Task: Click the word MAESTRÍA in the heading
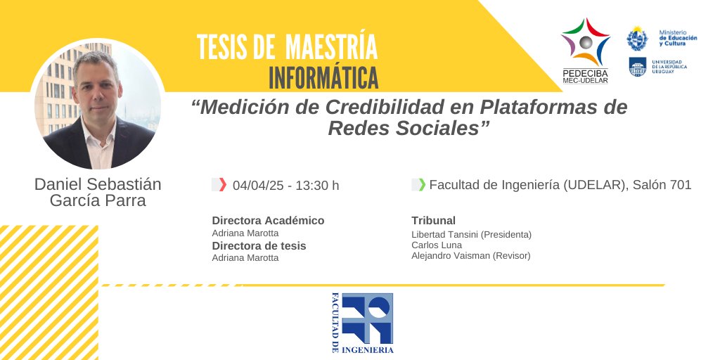(331, 46)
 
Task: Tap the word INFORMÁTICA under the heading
(323, 77)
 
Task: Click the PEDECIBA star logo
(585, 44)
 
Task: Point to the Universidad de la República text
(669, 67)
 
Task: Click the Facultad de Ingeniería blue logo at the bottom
(362, 323)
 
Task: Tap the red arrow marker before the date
(222, 185)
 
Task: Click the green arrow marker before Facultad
(422, 185)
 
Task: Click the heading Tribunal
(433, 220)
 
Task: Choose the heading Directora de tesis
(259, 245)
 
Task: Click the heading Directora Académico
(268, 220)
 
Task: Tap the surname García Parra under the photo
(98, 200)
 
